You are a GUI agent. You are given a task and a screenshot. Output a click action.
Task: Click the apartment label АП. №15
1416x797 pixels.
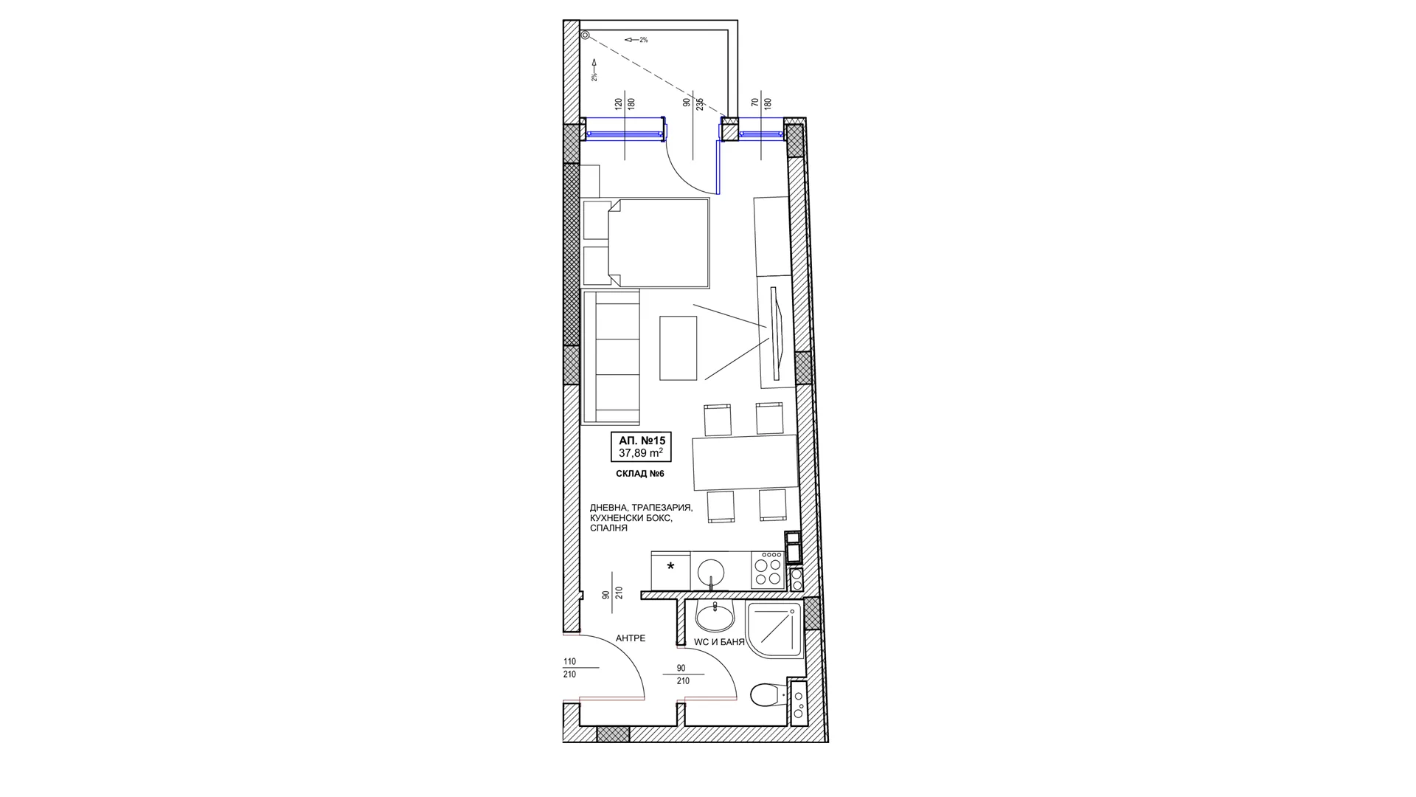[x=642, y=441]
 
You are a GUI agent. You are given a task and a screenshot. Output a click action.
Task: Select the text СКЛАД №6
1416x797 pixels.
[x=640, y=474]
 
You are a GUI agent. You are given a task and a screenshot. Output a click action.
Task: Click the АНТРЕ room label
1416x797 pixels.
[x=631, y=638]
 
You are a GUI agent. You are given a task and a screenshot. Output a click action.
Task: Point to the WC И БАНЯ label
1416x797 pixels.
[x=719, y=642]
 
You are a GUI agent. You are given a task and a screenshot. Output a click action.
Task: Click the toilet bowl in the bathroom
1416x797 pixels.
[x=766, y=694]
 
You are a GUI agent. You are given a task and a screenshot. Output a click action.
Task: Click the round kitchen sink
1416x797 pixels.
[x=711, y=571]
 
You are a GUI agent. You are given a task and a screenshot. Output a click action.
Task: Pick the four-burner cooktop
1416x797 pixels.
[x=767, y=570]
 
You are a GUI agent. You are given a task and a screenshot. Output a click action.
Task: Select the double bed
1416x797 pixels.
[x=645, y=242]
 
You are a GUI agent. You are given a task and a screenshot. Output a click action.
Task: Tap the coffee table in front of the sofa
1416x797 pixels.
[x=678, y=348]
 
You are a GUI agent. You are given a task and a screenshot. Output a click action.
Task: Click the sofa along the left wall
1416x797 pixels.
[x=610, y=357]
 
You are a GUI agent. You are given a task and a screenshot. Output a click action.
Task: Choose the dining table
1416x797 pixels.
[x=745, y=463]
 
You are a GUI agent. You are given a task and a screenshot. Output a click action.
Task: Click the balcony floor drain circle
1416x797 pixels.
[x=585, y=35]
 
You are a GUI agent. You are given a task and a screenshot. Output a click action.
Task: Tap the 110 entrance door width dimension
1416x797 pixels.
[x=569, y=662]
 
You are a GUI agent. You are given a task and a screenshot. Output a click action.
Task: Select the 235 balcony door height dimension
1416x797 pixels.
[x=700, y=105]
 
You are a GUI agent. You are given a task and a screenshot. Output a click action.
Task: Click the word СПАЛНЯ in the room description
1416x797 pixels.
[x=608, y=528]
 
